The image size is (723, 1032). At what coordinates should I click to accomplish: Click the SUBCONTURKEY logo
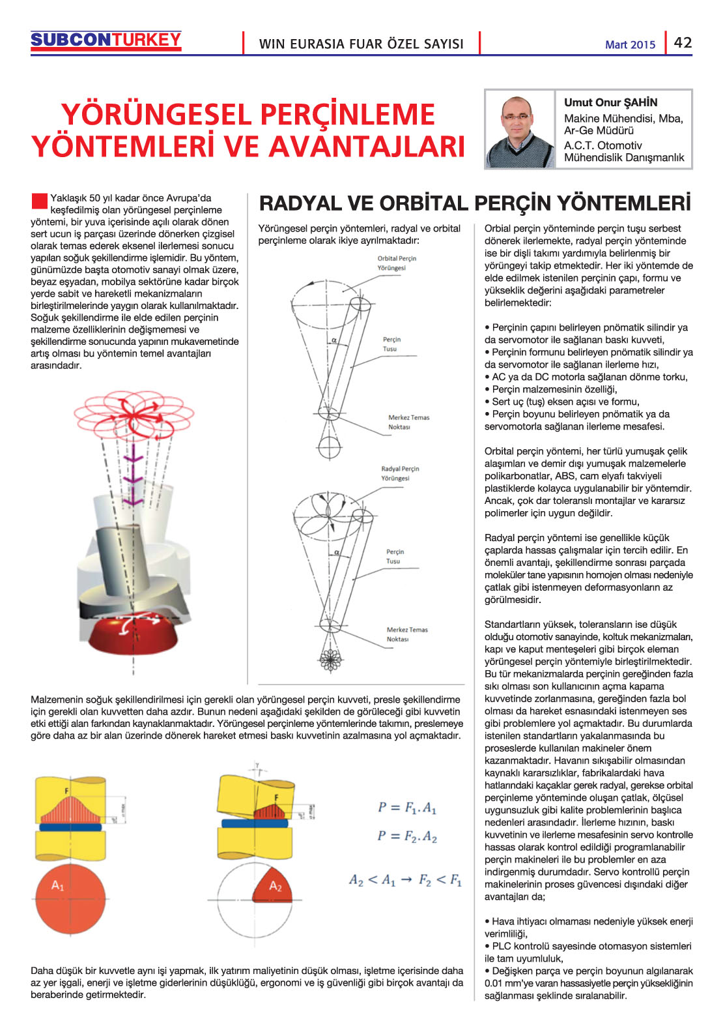tap(106, 40)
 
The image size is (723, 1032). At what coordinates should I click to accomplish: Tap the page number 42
tap(683, 42)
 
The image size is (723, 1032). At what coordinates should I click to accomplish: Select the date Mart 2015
tap(630, 44)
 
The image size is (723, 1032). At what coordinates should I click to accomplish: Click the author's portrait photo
tap(519, 130)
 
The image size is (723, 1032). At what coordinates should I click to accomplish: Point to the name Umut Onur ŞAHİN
tap(610, 102)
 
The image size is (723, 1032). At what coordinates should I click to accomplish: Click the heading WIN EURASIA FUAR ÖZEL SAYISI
tap(361, 44)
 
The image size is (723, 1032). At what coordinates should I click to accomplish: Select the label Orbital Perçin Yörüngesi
tap(396, 263)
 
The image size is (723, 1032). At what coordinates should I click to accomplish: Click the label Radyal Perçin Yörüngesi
tap(400, 473)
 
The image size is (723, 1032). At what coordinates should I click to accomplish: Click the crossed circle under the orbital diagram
tap(329, 448)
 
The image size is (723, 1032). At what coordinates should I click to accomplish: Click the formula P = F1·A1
tap(406, 808)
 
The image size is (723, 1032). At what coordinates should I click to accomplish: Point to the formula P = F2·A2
tap(406, 836)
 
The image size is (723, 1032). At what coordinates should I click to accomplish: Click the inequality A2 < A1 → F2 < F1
tap(405, 880)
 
